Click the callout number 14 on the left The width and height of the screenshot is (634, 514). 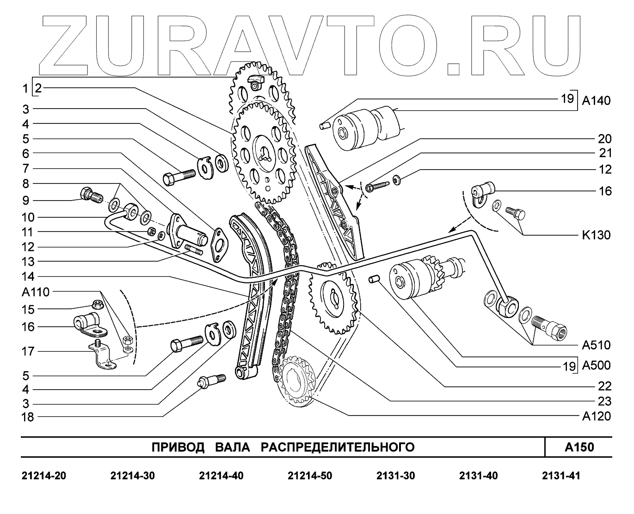click(x=28, y=276)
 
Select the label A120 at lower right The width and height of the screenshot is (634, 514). click(x=596, y=416)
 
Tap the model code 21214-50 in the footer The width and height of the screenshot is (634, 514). click(x=309, y=476)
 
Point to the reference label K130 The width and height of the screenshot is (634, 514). click(x=596, y=235)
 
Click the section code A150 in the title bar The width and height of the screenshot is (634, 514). click(x=579, y=447)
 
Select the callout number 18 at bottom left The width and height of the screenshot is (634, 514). click(x=28, y=417)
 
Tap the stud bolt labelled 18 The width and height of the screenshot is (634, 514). click(x=211, y=382)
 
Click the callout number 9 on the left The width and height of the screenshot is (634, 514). click(x=26, y=200)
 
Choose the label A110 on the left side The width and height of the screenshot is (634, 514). click(x=35, y=292)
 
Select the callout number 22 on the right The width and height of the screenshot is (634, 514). click(x=604, y=386)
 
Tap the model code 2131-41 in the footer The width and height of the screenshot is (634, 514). click(x=560, y=476)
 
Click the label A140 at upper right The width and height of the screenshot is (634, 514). click(x=596, y=100)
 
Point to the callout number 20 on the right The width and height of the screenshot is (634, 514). click(x=604, y=139)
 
